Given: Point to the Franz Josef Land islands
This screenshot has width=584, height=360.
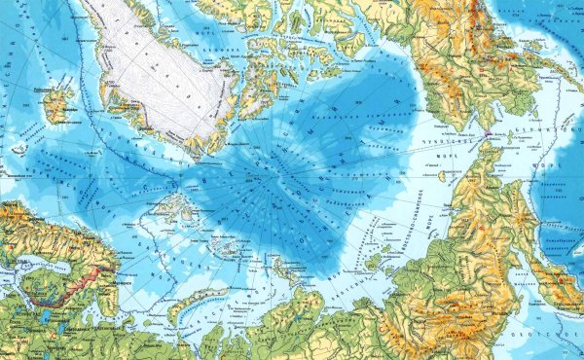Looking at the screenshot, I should tap(226, 244).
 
